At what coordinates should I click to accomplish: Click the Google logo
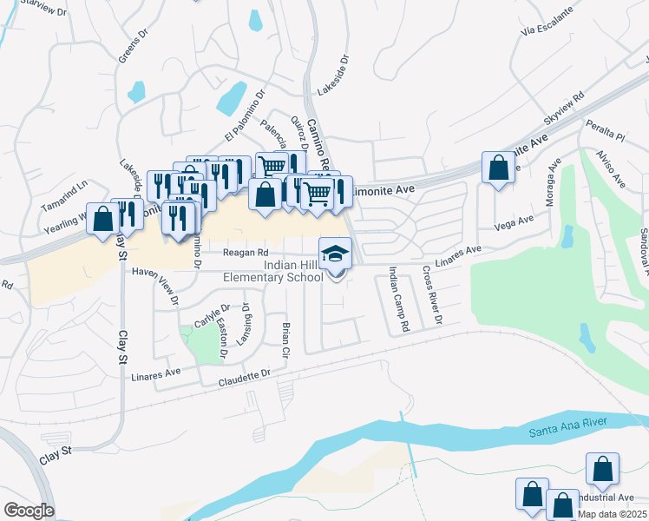tap(29, 510)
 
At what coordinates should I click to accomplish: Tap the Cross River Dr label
tap(431, 296)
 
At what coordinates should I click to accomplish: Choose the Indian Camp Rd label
tap(397, 300)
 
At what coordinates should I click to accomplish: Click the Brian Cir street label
tap(285, 340)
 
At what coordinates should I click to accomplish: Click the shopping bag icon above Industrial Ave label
tap(602, 469)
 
